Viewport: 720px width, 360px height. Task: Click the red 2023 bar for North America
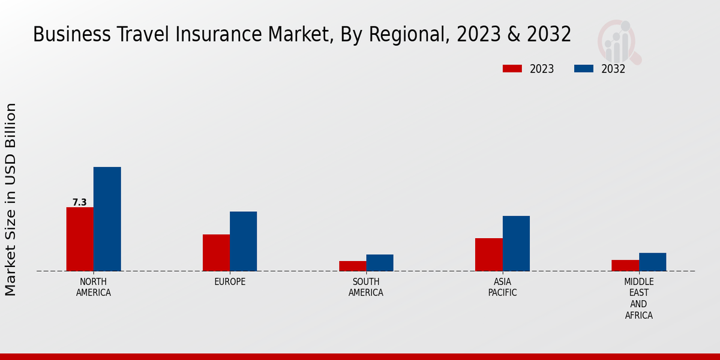(80, 239)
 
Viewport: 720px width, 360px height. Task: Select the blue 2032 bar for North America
(107, 219)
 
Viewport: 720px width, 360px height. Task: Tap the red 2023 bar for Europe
(216, 253)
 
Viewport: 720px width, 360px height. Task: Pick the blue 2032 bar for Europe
(244, 241)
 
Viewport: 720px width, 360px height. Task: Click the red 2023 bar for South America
(352, 266)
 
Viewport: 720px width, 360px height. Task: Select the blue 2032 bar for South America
(380, 263)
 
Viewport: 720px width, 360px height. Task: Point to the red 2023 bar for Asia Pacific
(488, 254)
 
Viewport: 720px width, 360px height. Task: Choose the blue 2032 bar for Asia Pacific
(516, 244)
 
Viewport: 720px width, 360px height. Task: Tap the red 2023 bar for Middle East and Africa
(625, 265)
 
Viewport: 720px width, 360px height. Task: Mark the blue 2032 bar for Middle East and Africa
(652, 262)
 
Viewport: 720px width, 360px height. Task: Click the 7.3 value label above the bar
(80, 202)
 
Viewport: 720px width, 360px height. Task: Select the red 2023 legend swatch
(512, 68)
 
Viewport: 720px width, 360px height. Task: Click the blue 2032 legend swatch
(584, 68)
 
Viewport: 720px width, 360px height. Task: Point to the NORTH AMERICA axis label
(94, 287)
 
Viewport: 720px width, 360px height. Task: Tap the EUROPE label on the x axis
(230, 282)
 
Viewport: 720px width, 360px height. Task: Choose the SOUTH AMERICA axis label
(366, 287)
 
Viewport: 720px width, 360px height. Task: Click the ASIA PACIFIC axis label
(502, 287)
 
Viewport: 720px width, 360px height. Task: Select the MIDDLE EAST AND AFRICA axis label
(638, 298)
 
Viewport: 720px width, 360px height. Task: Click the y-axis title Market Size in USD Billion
(11, 199)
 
